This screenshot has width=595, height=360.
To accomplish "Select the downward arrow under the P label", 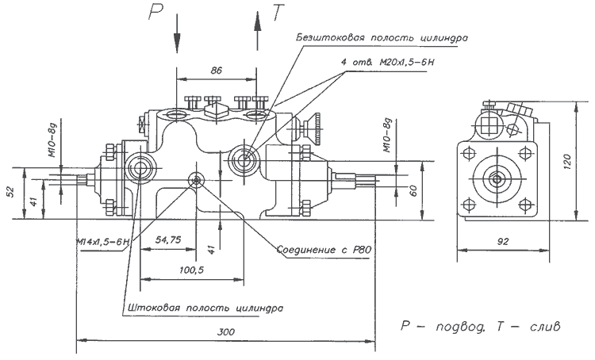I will pyautogui.click(x=177, y=37).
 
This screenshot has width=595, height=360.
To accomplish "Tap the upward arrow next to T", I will pyautogui.click(x=257, y=32).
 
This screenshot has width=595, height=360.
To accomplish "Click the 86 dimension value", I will pyautogui.click(x=216, y=71).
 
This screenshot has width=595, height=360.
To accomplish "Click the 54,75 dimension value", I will pyautogui.click(x=169, y=239).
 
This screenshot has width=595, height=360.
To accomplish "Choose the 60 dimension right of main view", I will pyautogui.click(x=412, y=189).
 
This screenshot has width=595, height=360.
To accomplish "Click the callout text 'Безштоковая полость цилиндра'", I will pyautogui.click(x=381, y=37).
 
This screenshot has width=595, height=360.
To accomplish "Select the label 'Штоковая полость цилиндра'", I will pyautogui.click(x=204, y=307).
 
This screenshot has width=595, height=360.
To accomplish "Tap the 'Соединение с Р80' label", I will pyautogui.click(x=324, y=251).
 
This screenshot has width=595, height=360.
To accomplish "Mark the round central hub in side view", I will pyautogui.click(x=502, y=179).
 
